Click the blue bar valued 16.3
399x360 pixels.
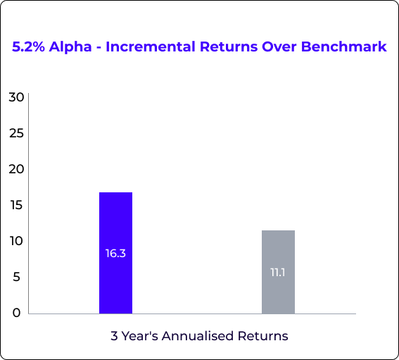(x=116, y=253)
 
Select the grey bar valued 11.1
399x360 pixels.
(x=279, y=272)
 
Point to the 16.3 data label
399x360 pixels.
(x=115, y=254)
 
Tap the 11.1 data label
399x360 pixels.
(x=278, y=273)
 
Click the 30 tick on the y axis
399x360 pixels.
(x=16, y=97)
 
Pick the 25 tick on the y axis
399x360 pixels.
(x=17, y=133)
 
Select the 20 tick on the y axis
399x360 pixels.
(x=16, y=169)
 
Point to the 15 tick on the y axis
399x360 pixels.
(x=17, y=205)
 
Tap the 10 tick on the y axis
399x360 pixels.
(x=17, y=241)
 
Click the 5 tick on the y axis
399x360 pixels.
(x=17, y=277)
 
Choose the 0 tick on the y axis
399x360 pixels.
(x=17, y=313)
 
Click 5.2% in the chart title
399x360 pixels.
(x=28, y=46)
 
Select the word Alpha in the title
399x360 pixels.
(x=70, y=47)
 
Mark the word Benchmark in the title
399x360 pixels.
(x=344, y=46)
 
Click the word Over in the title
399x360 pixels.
(x=279, y=47)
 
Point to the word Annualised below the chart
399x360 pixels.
(x=198, y=336)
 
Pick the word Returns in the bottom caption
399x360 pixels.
(x=263, y=336)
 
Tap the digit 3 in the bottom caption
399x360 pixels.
(x=114, y=336)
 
